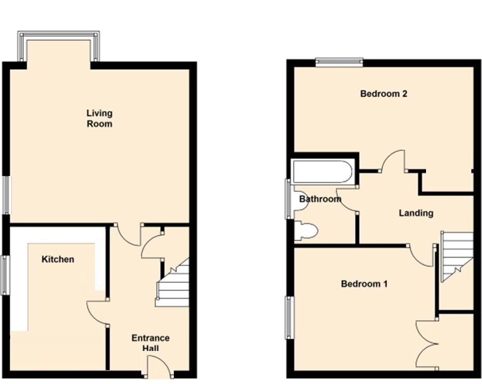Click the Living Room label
pos(99,118)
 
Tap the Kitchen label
pos(58,259)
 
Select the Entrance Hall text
pos(150,343)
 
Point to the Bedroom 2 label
pos(384,93)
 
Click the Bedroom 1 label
pos(364,283)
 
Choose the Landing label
pos(416,213)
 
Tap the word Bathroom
pos(320,199)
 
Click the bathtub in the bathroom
pos(323,171)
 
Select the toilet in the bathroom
pos(306,230)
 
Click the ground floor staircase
pos(172,283)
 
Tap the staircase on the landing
pos(457,257)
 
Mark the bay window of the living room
pos(59,46)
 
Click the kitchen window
pos(5,275)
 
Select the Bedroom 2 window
pos(339,62)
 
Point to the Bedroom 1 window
pos(290,317)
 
